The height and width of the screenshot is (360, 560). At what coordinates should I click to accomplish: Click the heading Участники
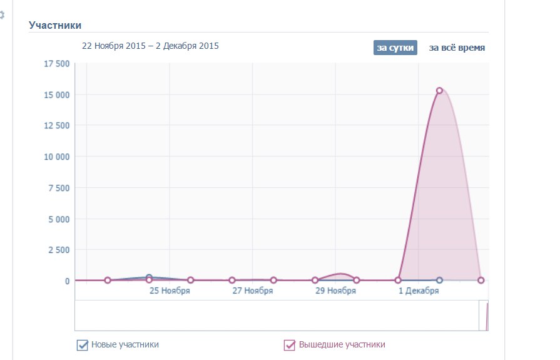[55, 25]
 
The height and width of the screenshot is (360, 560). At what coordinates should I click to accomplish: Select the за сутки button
[395, 48]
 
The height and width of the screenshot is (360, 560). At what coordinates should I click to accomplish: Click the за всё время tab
[457, 48]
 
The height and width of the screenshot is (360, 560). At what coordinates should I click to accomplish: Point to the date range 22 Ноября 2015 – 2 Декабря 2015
[150, 46]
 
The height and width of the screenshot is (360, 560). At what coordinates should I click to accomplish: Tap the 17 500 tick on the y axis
[56, 63]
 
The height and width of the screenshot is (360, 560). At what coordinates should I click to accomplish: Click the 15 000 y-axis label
[56, 95]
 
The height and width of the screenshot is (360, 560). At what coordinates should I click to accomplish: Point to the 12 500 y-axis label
[56, 125]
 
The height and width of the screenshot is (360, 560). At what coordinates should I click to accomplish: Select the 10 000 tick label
[56, 157]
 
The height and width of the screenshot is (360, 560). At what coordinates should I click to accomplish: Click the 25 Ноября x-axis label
[169, 291]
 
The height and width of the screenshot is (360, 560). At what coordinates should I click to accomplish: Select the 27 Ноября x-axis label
[252, 291]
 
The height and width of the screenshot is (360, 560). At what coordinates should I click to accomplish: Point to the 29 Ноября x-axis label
[335, 291]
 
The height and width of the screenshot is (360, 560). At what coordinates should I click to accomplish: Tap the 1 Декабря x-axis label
[419, 291]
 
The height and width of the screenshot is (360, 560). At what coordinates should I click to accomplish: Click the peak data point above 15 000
[439, 91]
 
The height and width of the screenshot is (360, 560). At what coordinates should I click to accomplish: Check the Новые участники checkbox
[82, 345]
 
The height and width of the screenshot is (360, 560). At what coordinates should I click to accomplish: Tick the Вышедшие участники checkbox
[290, 345]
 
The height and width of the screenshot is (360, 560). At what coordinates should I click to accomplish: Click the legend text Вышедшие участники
[342, 344]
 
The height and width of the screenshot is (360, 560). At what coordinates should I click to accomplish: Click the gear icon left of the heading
[2, 15]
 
